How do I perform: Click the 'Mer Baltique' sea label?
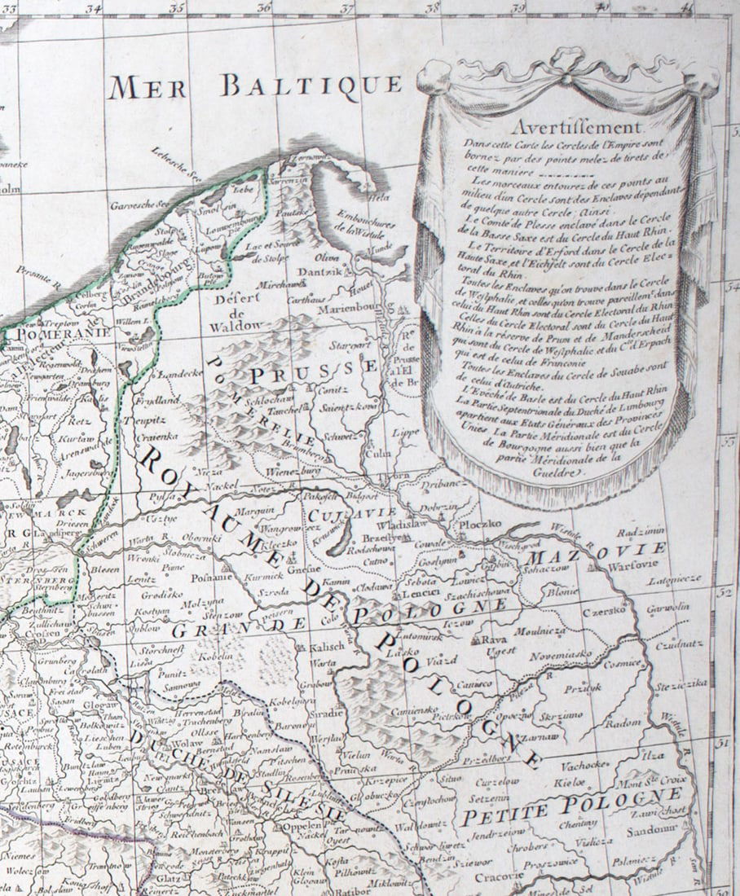coord(254,86)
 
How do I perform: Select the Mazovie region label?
coord(597,551)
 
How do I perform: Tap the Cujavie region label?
coord(340,515)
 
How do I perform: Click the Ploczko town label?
coord(480,526)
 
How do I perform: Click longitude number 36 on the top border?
coord(263,7)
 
